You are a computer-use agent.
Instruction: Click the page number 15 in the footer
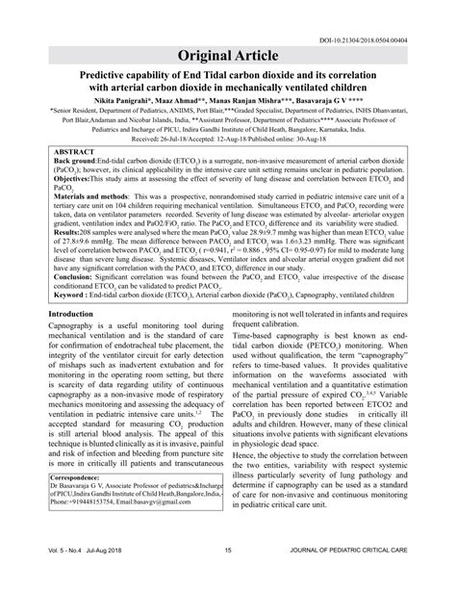[x=228, y=577]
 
